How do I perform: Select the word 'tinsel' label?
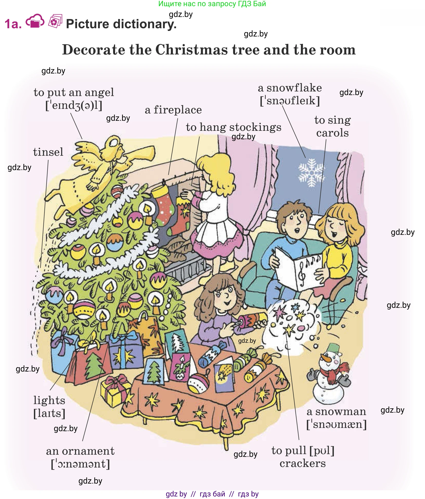click(x=48, y=152)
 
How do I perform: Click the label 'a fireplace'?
click(x=173, y=110)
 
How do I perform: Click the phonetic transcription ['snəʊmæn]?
click(x=336, y=424)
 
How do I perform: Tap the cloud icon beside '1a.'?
click(x=35, y=21)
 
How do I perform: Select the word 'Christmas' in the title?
click(x=191, y=50)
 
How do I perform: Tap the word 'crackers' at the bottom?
click(x=302, y=464)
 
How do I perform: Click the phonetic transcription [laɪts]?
click(x=49, y=413)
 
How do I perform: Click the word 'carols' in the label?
click(x=332, y=133)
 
